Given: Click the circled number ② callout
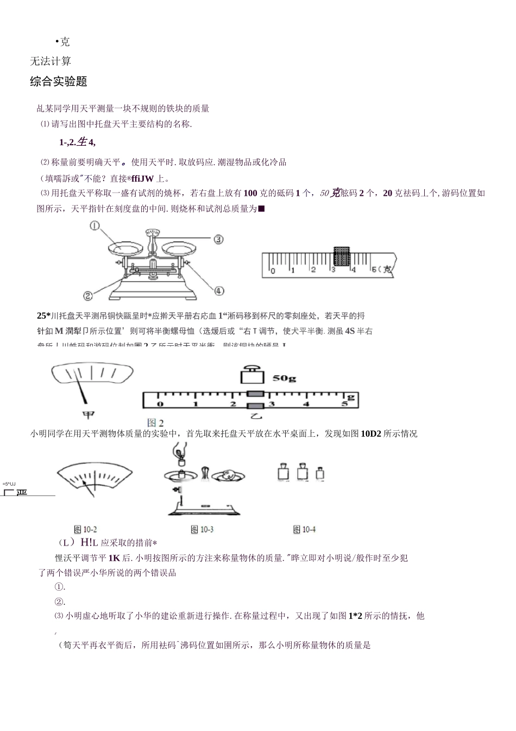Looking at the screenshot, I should tap(88, 295).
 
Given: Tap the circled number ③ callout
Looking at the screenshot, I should tap(218, 239).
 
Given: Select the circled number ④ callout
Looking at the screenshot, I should tap(218, 291).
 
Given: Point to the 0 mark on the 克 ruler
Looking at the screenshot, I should tap(273, 270).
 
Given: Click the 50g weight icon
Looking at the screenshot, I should tap(251, 376).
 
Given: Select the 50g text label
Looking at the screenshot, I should tap(284, 378).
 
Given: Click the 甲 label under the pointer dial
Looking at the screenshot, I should tap(88, 414).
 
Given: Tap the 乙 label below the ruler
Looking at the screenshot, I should tap(255, 416).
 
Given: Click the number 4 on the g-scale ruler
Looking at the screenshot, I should tap(306, 404).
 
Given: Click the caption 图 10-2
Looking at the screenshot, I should tap(85, 529).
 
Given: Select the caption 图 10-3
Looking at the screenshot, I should tap(202, 529).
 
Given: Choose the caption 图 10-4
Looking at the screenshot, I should tap(304, 529).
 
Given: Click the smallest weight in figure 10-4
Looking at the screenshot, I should tap(320, 473).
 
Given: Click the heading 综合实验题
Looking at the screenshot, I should tap(59, 82).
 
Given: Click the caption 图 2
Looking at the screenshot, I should tap(155, 423).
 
